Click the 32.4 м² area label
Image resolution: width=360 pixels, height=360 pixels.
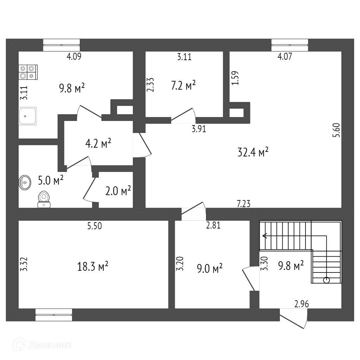(253, 152)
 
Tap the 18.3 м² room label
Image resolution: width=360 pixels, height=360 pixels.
(92, 266)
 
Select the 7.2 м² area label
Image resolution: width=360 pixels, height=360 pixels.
(183, 85)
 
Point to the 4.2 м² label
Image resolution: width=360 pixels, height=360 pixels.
(98, 143)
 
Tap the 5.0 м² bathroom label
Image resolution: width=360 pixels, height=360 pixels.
(51, 181)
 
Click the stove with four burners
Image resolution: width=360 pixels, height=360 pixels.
(28, 72)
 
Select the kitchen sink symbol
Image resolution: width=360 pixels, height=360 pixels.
(28, 116)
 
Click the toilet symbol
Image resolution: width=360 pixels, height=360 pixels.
(44, 199)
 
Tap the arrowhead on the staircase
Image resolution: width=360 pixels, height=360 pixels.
(264, 236)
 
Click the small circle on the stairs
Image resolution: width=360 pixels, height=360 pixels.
(326, 280)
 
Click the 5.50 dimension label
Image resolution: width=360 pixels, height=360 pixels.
(95, 226)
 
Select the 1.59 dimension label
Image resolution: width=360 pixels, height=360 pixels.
(235, 78)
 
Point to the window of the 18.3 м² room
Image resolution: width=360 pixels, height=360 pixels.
(54, 315)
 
